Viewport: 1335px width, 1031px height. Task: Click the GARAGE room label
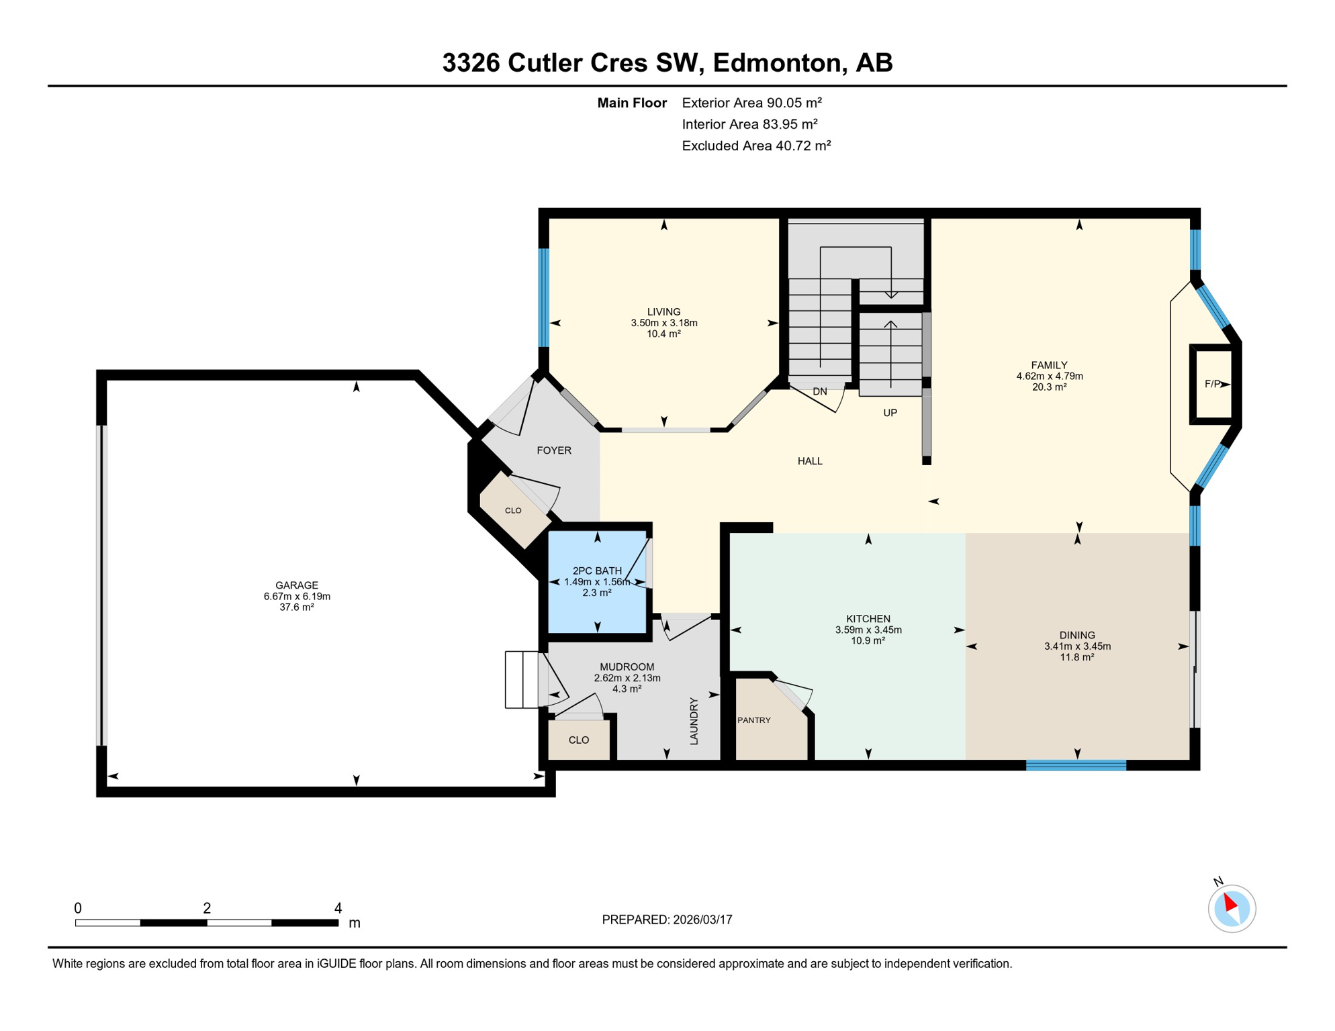pyautogui.click(x=296, y=585)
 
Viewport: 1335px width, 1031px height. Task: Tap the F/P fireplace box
pyautogui.click(x=1212, y=384)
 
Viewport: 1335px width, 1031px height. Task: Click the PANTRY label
pyautogui.click(x=753, y=720)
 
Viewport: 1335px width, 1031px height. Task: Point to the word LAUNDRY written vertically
pyautogui.click(x=694, y=721)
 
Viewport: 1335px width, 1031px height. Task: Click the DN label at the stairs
pyautogui.click(x=819, y=391)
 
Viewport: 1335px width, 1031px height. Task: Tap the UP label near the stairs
pyautogui.click(x=890, y=413)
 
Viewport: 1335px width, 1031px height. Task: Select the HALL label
pyautogui.click(x=810, y=461)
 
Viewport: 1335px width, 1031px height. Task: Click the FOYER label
pyautogui.click(x=554, y=450)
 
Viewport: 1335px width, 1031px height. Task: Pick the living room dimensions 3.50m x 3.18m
pyautogui.click(x=663, y=323)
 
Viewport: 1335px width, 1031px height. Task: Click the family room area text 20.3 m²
pyautogui.click(x=1049, y=387)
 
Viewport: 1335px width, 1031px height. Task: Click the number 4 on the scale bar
pyautogui.click(x=338, y=908)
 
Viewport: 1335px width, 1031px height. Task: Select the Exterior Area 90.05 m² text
pyautogui.click(x=751, y=103)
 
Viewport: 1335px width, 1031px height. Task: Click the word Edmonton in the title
pyautogui.click(x=776, y=63)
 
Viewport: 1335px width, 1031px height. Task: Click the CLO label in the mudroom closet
pyautogui.click(x=578, y=740)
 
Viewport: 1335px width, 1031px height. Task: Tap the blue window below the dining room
pyautogui.click(x=1076, y=765)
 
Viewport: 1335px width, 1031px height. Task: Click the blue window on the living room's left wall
pyautogui.click(x=544, y=297)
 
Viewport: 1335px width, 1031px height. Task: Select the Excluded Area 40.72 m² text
pyautogui.click(x=756, y=146)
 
